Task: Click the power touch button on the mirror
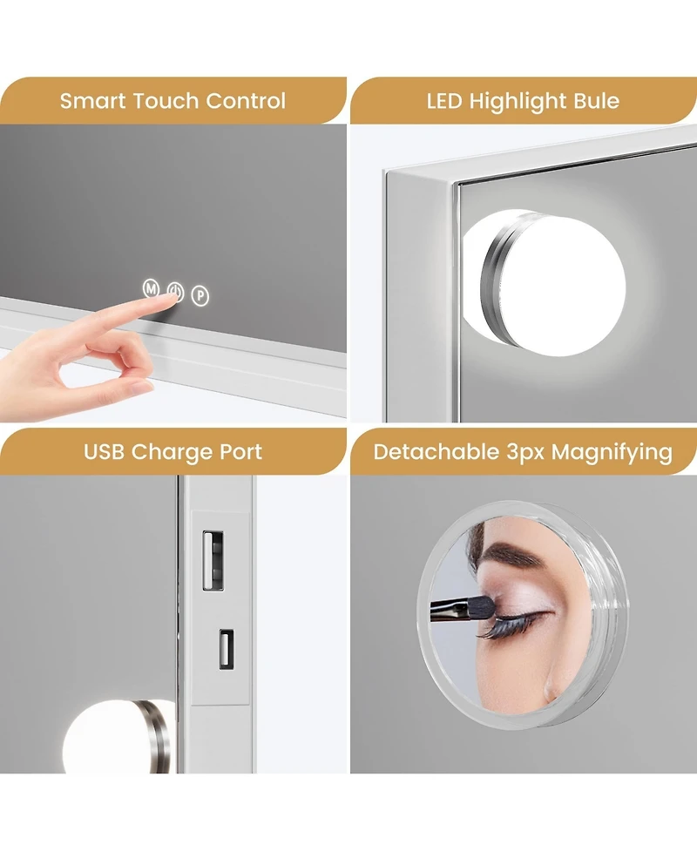click(176, 292)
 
